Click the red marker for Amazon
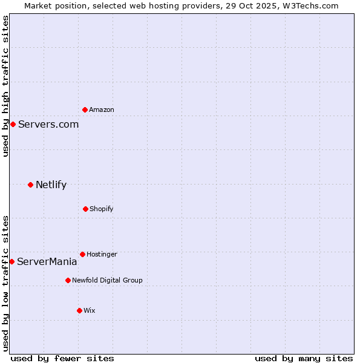(85, 110)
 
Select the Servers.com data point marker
(13, 124)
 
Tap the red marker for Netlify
(30, 185)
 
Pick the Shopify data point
(85, 209)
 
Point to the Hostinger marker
(82, 254)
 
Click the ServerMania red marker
(11, 261)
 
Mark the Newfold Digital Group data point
(68, 280)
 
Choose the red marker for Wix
(79, 310)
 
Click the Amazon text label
(102, 110)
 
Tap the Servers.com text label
(48, 125)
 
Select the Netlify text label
(51, 185)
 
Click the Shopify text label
(101, 209)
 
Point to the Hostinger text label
(102, 254)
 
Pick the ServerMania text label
(47, 262)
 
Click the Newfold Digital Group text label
(107, 280)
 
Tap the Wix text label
(90, 310)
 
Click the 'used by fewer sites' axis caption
(62, 358)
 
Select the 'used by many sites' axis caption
(304, 358)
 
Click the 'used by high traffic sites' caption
(5, 86)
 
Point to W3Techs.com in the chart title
(310, 5)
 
